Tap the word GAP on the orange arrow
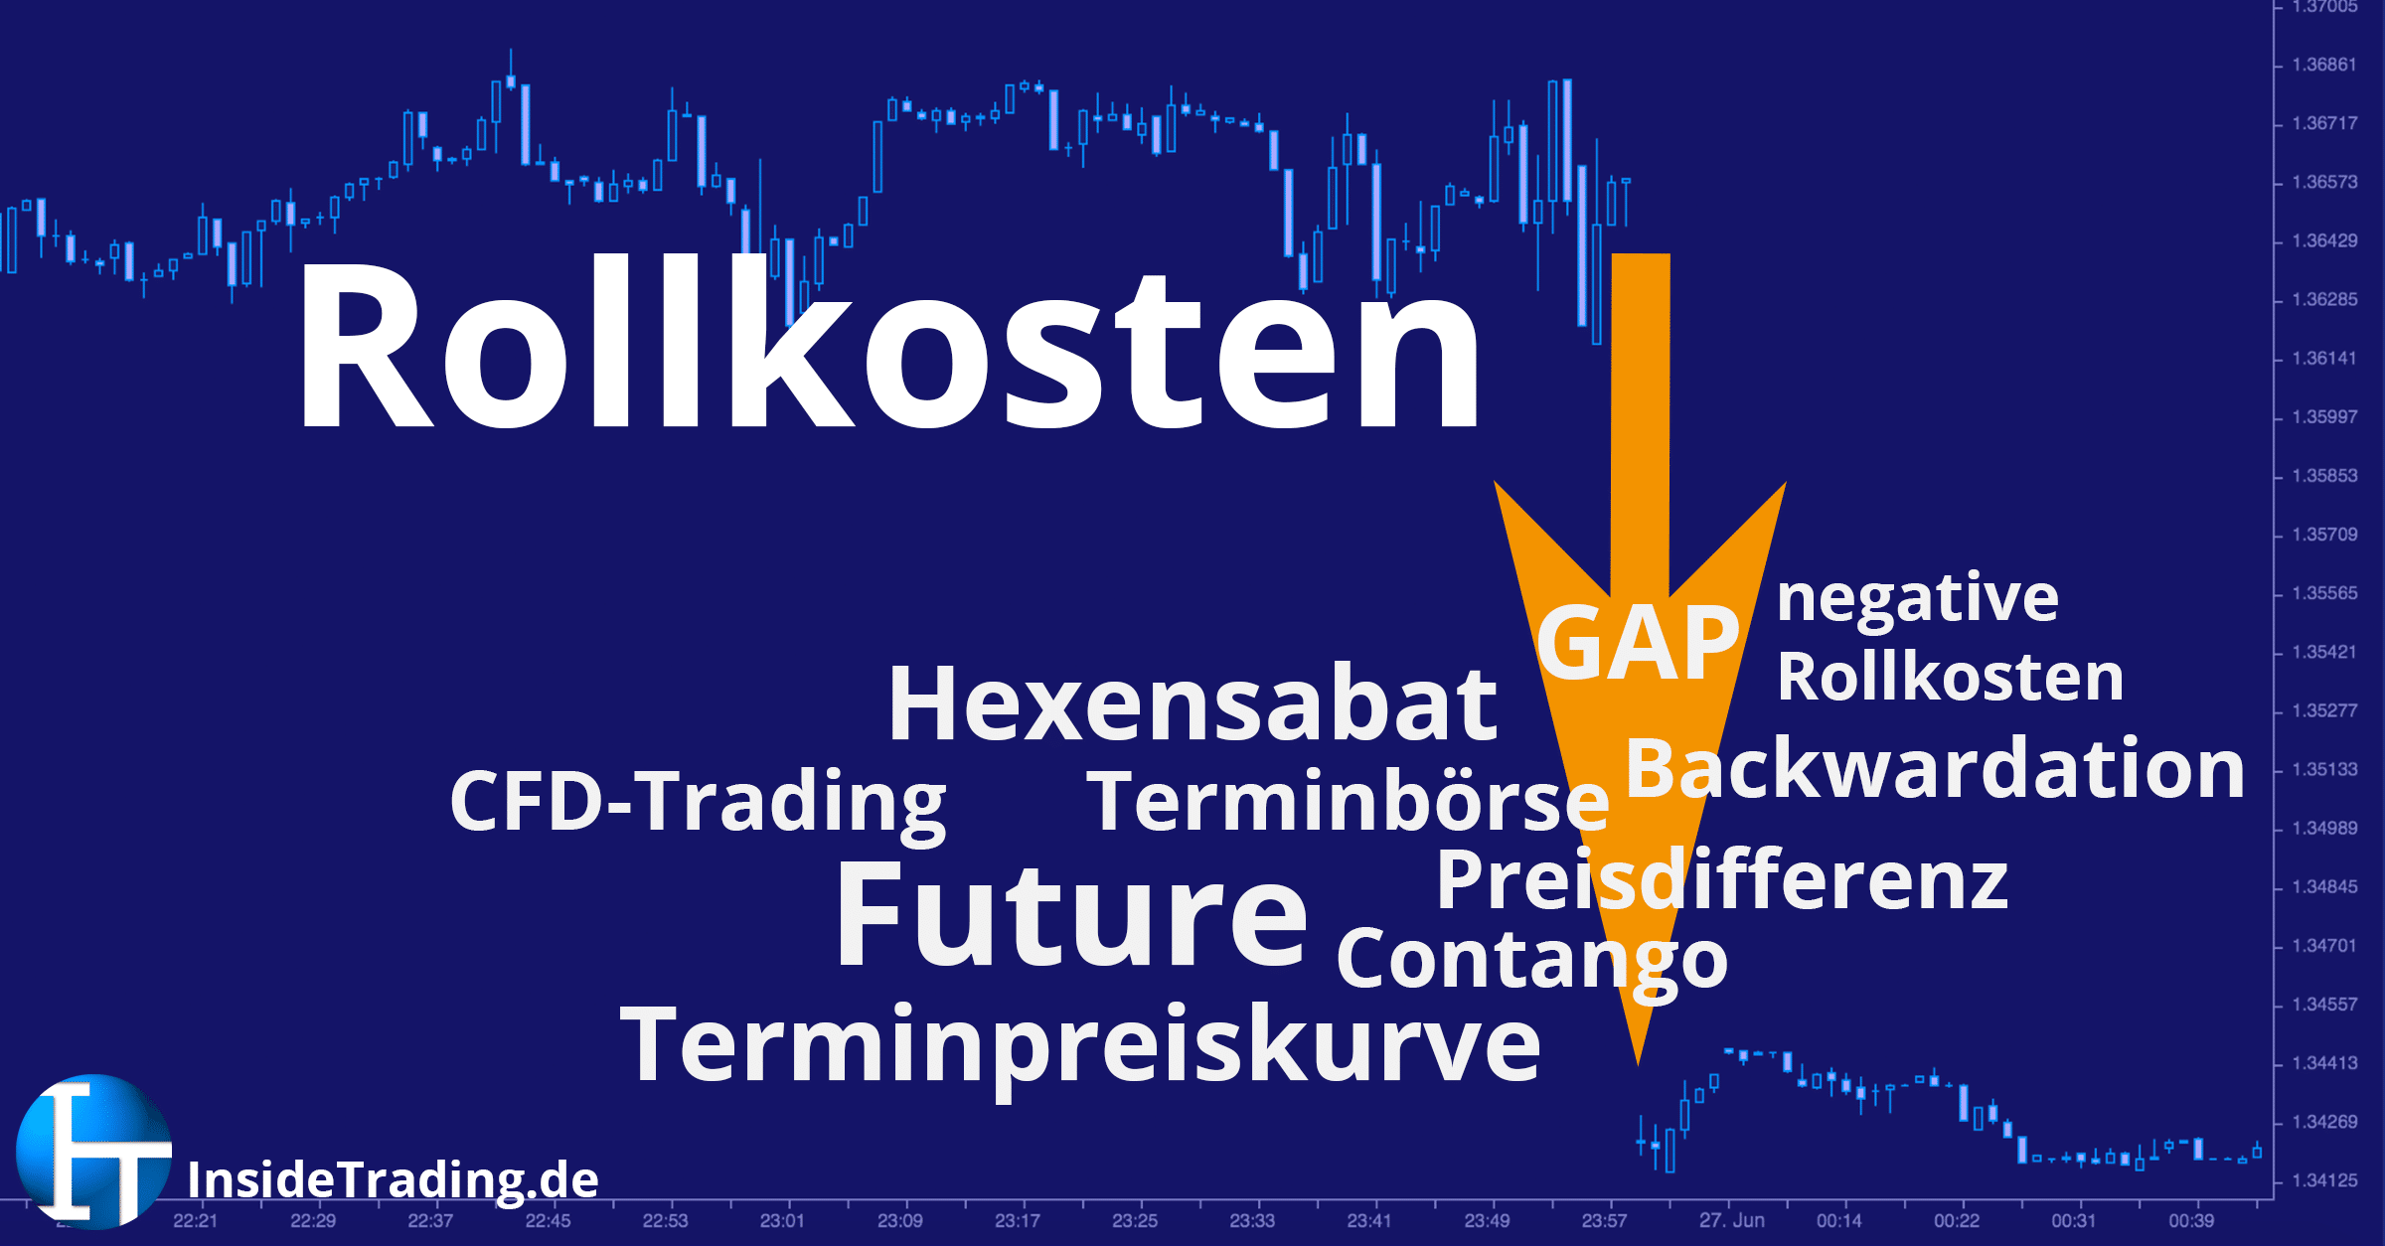[1638, 644]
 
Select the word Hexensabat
[1192, 703]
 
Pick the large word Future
[1071, 914]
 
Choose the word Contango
[1532, 960]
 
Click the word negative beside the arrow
[1917, 599]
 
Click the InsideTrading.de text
[393, 1180]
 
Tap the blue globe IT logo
[94, 1151]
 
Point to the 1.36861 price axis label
[2324, 65]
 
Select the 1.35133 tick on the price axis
[2324, 769]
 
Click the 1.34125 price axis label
[2324, 1180]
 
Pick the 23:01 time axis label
[782, 1220]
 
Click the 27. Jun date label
[1731, 1220]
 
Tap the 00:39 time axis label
[2190, 1220]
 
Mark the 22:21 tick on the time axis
[195, 1220]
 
